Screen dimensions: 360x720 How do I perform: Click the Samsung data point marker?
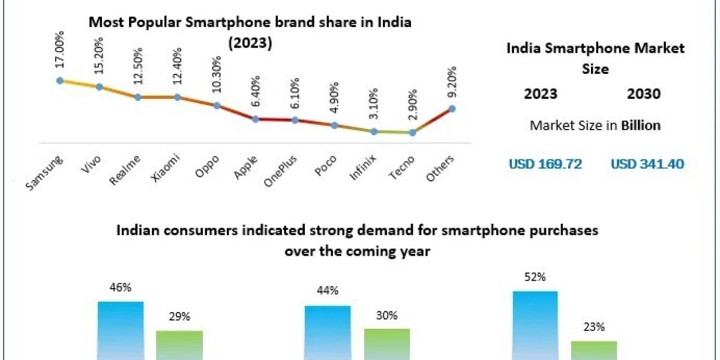point(59,80)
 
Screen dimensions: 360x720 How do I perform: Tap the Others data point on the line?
point(452,109)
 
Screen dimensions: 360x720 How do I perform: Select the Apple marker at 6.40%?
point(256,119)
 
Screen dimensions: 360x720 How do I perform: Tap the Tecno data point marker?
point(413,133)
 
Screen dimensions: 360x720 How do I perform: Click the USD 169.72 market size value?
point(545,163)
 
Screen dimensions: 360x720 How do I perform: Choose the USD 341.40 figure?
point(647,163)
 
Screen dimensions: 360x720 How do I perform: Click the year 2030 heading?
point(644,94)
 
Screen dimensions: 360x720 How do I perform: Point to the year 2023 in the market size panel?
point(541,94)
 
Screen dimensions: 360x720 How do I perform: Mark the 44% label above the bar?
point(328,290)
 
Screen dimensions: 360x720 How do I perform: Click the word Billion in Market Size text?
point(641,125)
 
